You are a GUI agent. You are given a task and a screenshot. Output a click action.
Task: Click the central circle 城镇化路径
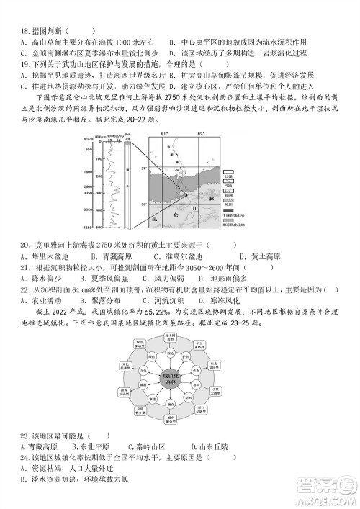pos(179,379)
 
